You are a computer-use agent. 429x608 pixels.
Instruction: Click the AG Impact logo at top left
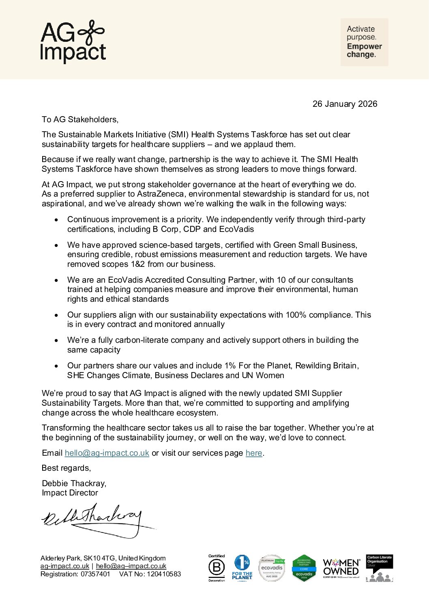tap(73, 41)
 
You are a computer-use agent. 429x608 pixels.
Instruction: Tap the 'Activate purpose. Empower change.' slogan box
tap(364, 42)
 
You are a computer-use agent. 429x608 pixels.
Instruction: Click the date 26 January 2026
tap(345, 104)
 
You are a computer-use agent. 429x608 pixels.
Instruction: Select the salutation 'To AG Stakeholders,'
tap(80, 119)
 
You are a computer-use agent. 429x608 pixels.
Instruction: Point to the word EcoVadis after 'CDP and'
tap(236, 229)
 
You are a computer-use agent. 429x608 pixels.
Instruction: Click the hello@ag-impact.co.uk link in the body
tap(107, 453)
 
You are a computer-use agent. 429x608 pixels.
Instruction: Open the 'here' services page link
tap(254, 453)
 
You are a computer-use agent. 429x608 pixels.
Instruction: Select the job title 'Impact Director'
tap(70, 493)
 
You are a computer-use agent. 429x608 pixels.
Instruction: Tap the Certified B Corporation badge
tap(217, 568)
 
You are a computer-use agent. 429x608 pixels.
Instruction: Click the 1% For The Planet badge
tap(242, 568)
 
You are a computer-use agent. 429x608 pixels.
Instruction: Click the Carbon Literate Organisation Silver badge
tap(380, 568)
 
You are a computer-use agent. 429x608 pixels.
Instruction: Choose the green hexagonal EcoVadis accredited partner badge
tap(304, 568)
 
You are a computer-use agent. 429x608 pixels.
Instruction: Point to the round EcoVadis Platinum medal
tap(272, 568)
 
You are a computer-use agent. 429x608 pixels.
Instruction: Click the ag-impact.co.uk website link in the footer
tap(64, 566)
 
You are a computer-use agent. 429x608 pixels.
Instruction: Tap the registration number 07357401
tap(95, 574)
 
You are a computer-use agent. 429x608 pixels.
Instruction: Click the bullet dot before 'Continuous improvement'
tap(57, 220)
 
